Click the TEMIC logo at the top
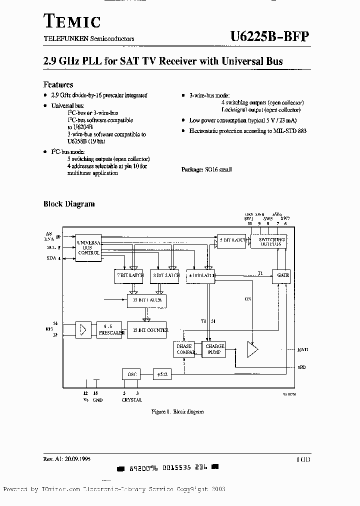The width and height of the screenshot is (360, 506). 72,21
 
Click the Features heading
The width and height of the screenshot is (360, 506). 58,84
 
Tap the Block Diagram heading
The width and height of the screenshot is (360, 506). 69,203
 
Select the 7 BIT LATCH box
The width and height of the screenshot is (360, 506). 129,275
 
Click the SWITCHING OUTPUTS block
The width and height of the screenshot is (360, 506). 271,242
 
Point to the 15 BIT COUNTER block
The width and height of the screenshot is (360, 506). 147,330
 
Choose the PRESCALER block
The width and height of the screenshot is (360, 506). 109,330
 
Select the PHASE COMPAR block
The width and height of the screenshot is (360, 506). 184,349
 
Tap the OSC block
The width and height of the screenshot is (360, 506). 131,374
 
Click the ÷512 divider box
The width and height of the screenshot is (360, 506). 161,374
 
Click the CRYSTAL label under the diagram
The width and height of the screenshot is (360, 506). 131,400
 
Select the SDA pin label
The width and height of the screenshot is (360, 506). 51,258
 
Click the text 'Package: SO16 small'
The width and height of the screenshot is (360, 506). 206,169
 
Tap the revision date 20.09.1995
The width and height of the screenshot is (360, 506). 76,458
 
